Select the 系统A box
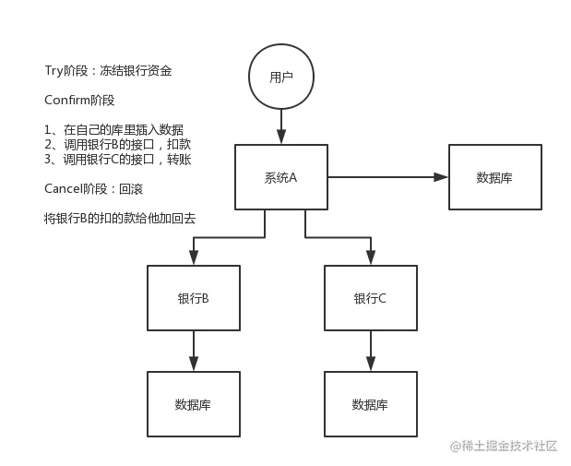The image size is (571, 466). tap(280, 177)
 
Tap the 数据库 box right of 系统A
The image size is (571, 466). tap(494, 177)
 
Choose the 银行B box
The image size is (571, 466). tap(193, 299)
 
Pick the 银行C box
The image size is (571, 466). tap(370, 299)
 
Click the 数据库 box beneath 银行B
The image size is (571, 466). tap(193, 404)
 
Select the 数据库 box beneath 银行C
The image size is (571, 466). tap(370, 404)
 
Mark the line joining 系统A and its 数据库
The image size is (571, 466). tap(388, 176)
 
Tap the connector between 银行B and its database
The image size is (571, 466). tap(193, 353)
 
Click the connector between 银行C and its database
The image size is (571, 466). tap(370, 353)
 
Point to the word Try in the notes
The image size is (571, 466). tap(54, 71)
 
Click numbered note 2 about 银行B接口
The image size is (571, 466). tap(120, 144)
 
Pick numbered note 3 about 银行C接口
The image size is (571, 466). tap(120, 159)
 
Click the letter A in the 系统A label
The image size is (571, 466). tap(292, 177)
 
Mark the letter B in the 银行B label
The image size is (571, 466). tap(205, 299)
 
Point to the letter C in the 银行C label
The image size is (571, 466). tap(382, 299)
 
